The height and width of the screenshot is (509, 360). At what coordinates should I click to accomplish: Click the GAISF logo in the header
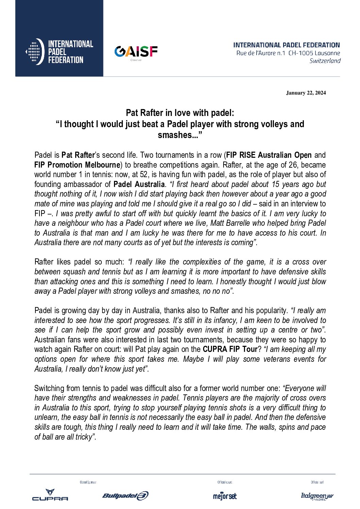pyautogui.click(x=136, y=52)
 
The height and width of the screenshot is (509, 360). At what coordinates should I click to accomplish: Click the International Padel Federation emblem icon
pyautogui.click(x=35, y=52)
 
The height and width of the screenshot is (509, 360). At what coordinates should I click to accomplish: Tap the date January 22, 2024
pyautogui.click(x=306, y=93)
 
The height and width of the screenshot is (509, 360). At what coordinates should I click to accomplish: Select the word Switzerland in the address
pyautogui.click(x=325, y=61)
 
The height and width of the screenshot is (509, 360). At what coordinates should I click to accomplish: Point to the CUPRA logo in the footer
pyautogui.click(x=50, y=495)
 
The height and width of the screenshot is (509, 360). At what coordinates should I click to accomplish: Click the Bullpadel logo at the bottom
pyautogui.click(x=125, y=496)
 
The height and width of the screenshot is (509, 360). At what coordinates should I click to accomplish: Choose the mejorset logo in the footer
pyautogui.click(x=225, y=496)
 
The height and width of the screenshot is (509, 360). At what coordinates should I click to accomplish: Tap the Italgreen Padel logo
pyautogui.click(x=317, y=496)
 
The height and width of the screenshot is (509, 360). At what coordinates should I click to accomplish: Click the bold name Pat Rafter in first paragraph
pyautogui.click(x=78, y=155)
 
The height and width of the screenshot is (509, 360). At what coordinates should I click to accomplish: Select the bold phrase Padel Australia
pyautogui.click(x=139, y=185)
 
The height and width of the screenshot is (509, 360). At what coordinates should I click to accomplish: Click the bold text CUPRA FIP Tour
pyautogui.click(x=230, y=349)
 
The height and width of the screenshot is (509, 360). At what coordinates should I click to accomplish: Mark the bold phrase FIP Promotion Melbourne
pyautogui.click(x=77, y=165)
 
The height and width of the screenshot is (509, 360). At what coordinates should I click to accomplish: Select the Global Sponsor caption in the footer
pyautogui.click(x=88, y=482)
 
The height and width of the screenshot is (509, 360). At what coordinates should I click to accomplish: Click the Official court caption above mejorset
pyautogui.click(x=225, y=482)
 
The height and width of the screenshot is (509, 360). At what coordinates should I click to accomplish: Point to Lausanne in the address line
pyautogui.click(x=327, y=53)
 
